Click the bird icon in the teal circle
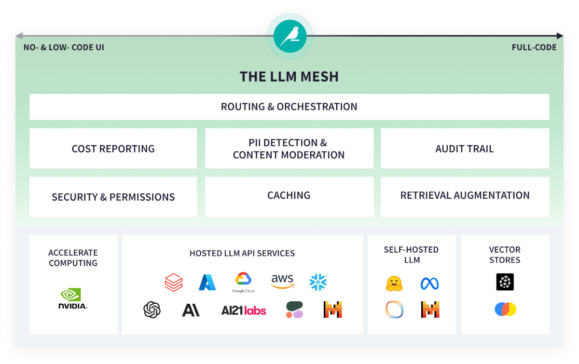[290, 36]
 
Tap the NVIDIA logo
[72, 298]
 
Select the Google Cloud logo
[243, 282]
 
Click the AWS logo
[282, 282]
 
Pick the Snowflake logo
[318, 282]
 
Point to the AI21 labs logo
[244, 310]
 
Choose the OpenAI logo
[152, 310]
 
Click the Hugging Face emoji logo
[394, 283]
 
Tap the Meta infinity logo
[429, 283]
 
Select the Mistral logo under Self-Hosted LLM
[429, 310]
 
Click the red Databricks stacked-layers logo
[174, 283]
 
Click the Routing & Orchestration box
[289, 107]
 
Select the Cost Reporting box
[113, 148]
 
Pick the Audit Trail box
[465, 148]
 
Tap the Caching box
[289, 196]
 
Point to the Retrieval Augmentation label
[465, 195]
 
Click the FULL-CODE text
[534, 48]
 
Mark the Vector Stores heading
[505, 255]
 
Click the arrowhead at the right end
[560, 36]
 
